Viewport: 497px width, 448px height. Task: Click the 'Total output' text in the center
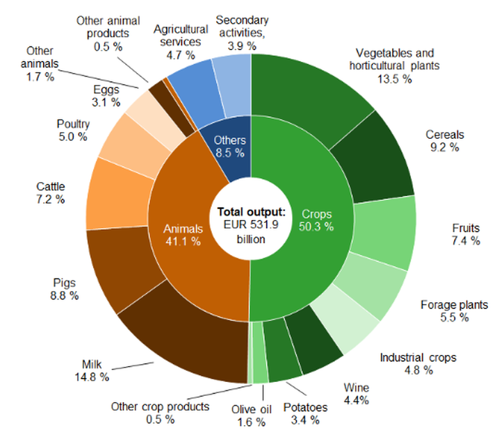tap(252, 211)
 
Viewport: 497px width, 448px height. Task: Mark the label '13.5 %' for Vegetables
tap(393, 79)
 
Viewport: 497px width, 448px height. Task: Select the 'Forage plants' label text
tap(455, 304)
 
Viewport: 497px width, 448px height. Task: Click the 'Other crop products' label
tap(160, 406)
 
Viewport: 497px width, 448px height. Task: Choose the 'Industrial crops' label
tap(418, 358)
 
